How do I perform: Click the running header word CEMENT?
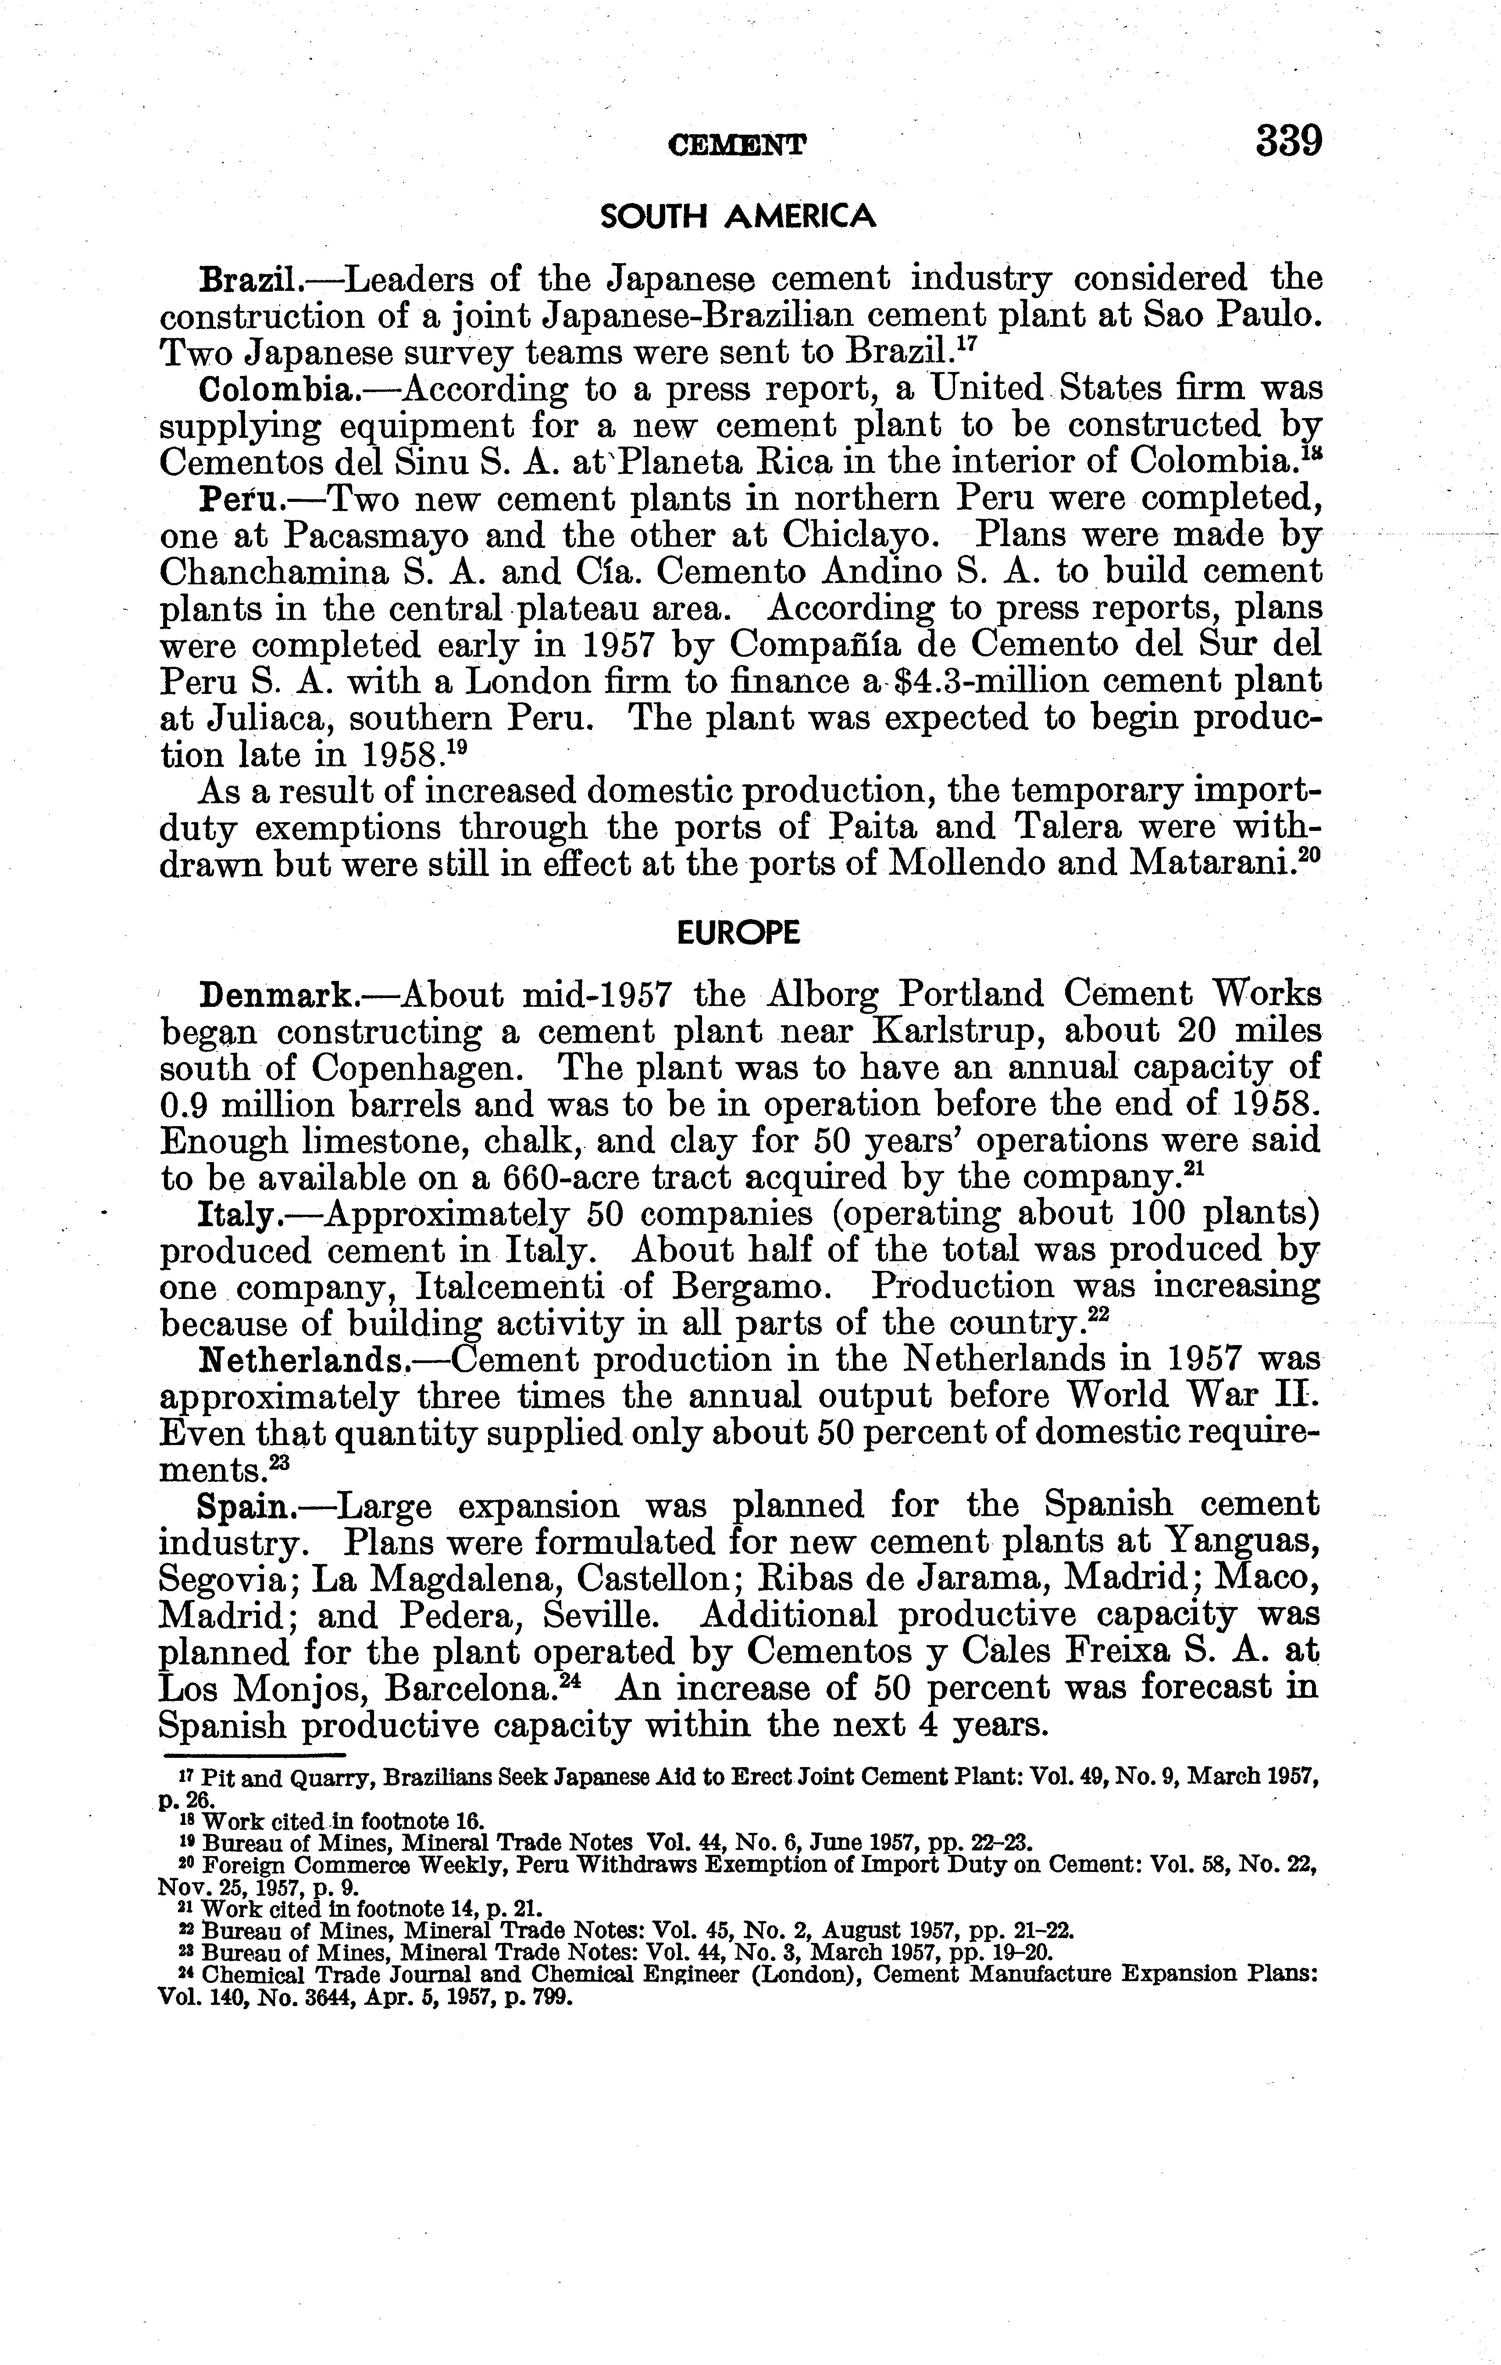coord(737,145)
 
